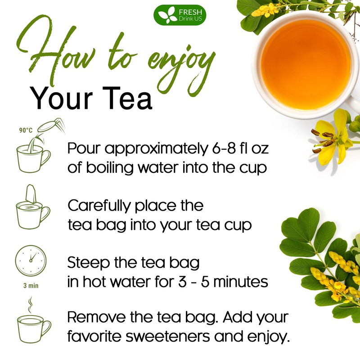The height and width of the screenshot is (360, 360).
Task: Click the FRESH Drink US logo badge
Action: pos(180,15)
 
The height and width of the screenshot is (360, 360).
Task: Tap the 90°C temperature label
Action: pos(26,130)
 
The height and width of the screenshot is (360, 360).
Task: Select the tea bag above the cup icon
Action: pos(31,194)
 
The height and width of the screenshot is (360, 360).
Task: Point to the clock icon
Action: pos(31,261)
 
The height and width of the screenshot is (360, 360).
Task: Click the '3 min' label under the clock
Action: pos(31,286)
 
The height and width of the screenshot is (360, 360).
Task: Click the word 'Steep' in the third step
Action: pos(88,263)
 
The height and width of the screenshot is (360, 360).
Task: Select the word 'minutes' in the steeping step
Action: pos(241,282)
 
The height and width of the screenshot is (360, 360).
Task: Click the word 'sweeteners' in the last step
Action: pos(168,336)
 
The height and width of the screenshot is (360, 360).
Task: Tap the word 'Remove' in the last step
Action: pos(97,317)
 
